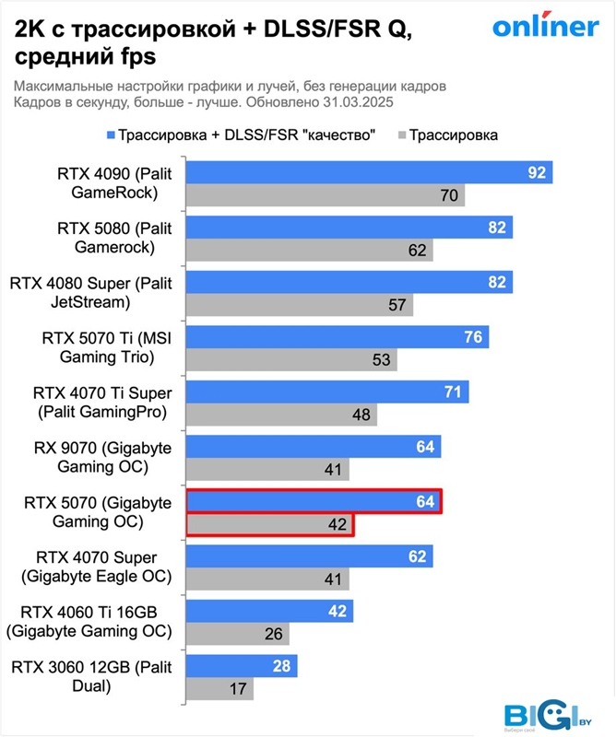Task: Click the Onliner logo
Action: (545, 27)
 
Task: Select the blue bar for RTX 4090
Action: (369, 172)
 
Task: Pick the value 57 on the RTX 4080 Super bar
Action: (397, 304)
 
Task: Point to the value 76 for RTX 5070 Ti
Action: (473, 337)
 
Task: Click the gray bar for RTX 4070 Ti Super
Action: (282, 415)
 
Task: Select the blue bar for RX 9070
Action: (314, 448)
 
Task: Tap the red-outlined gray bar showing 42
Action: (270, 525)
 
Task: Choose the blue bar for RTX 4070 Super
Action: (309, 556)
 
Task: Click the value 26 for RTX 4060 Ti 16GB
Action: (273, 634)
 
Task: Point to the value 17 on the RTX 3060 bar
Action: (237, 689)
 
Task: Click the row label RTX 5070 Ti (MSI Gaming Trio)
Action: (101, 347)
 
